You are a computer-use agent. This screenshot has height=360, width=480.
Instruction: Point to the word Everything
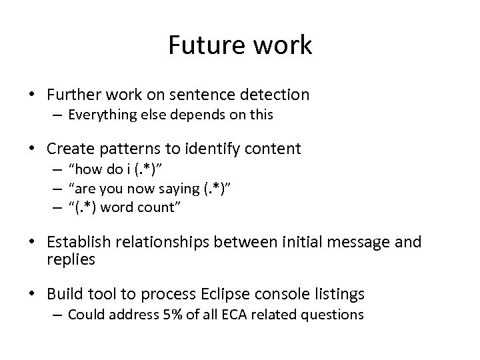point(101,115)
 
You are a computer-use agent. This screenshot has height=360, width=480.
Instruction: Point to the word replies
point(70,259)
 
